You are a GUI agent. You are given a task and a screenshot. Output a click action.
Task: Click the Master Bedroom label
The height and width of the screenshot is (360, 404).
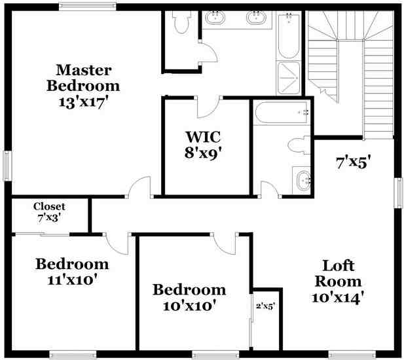[x=83, y=77]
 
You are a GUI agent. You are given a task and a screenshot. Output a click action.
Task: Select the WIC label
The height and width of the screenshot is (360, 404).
[x=203, y=137]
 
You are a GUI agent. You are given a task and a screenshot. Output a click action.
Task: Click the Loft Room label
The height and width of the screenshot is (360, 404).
[x=338, y=274]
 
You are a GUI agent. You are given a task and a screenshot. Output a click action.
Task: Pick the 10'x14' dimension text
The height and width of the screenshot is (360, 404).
[x=338, y=297]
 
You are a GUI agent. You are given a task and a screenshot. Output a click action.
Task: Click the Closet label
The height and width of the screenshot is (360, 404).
[x=50, y=207]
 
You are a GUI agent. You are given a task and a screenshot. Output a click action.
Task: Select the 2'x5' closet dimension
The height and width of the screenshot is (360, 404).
[x=265, y=305]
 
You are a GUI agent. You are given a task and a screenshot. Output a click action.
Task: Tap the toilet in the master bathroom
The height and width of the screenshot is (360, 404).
[x=181, y=23]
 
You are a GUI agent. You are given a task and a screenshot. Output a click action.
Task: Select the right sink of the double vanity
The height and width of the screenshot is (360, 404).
[x=257, y=18]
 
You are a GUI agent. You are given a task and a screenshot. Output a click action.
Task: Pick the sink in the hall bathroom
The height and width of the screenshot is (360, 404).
[x=303, y=180]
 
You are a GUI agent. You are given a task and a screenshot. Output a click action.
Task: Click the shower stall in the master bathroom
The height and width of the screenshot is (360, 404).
[x=289, y=79]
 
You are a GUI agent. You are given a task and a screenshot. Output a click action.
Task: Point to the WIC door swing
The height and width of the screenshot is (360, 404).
[x=210, y=107]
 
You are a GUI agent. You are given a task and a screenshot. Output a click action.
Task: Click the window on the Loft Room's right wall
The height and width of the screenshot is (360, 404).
[x=398, y=192]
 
